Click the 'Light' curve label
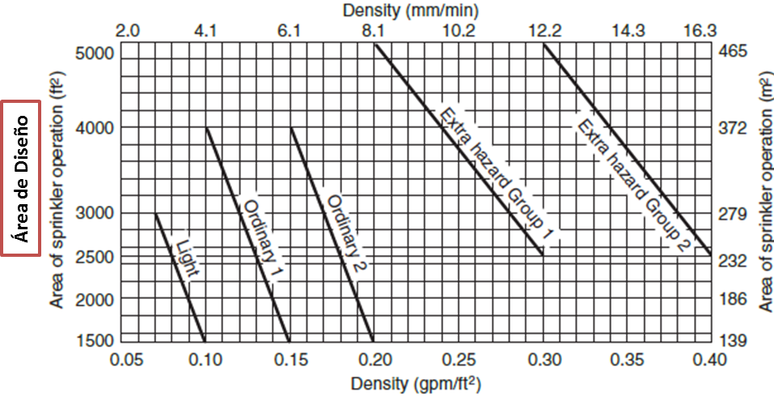[x=188, y=257]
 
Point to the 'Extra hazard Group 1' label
[x=497, y=174]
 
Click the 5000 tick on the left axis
[x=95, y=53]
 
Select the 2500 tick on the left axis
[x=95, y=256]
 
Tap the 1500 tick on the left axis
[x=95, y=340]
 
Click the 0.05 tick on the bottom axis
[x=122, y=360]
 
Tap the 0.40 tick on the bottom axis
[x=710, y=360]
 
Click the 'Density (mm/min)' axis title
[x=411, y=10]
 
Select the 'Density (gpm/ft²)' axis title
[x=416, y=384]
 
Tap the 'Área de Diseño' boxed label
[x=21, y=178]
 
